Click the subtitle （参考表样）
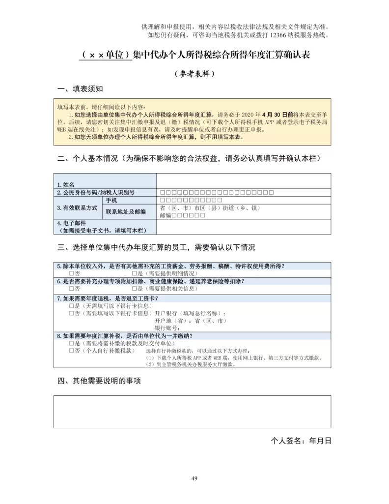coord(194,74)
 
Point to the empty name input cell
coord(243,181)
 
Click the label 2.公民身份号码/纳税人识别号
coord(95,192)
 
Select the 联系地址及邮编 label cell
coord(126,212)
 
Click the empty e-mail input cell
coord(243,226)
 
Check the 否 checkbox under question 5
coord(72,273)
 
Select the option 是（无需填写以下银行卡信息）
coord(72,305)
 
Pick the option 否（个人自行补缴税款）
coord(72,351)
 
